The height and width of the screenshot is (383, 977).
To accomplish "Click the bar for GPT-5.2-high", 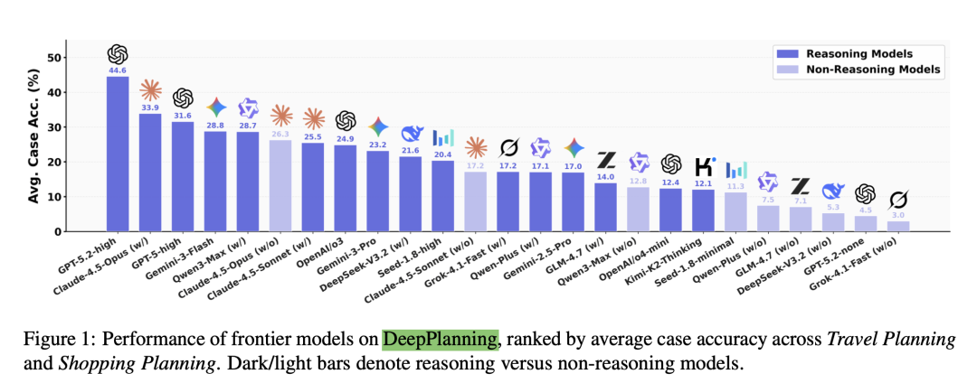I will click(118, 154).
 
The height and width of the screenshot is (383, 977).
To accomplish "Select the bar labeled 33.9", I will click(150, 172).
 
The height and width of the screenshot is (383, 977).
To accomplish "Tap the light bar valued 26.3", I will click(280, 185).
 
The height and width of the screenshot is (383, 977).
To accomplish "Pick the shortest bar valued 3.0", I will click(898, 226).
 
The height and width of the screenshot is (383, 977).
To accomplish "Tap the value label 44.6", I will click(118, 70).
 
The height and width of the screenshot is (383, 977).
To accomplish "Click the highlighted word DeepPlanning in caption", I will click(440, 339).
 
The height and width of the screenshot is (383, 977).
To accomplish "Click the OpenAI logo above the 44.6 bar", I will click(118, 54).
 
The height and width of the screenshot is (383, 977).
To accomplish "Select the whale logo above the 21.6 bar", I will click(411, 134).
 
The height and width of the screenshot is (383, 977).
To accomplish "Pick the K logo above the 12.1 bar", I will click(704, 166).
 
